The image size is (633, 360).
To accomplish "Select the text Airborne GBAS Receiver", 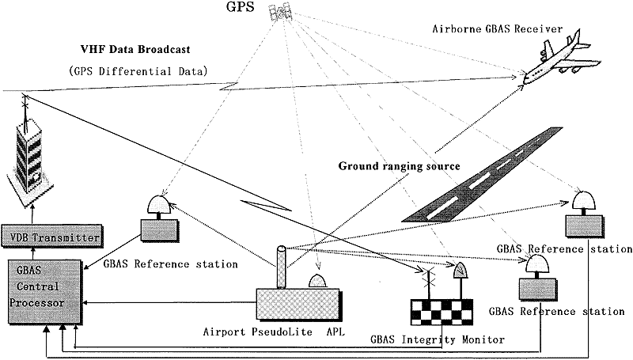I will (x=497, y=28).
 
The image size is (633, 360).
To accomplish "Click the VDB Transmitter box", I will (x=51, y=237).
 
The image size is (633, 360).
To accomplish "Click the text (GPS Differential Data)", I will (x=138, y=70).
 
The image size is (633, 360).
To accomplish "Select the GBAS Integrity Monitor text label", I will (x=436, y=339).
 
